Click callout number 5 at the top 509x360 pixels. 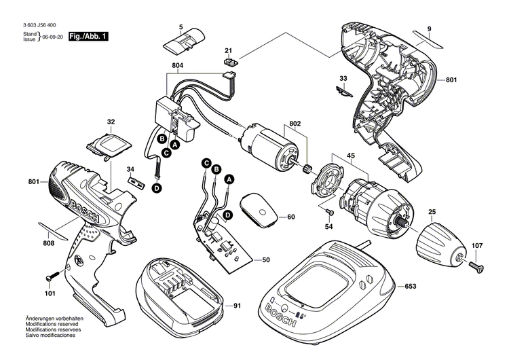pyautogui.click(x=181, y=27)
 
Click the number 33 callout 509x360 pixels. pyautogui.click(x=343, y=79)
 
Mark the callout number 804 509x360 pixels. pyautogui.click(x=178, y=65)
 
